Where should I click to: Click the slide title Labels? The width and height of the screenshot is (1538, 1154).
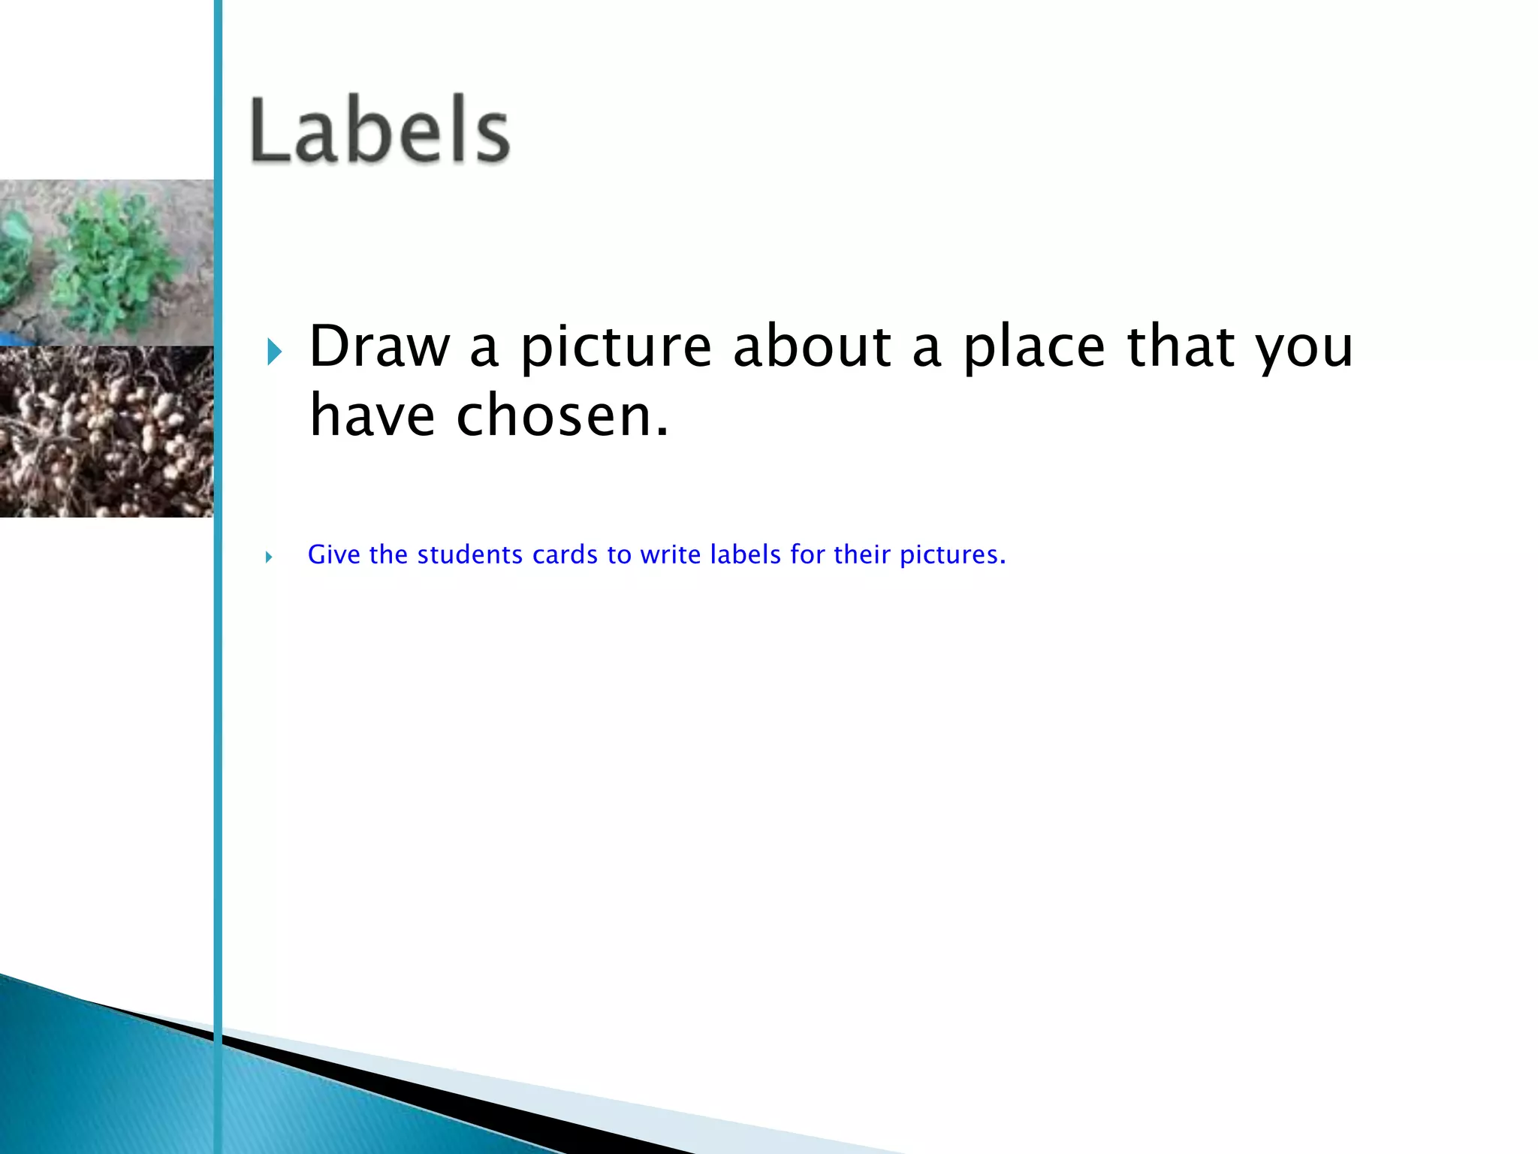(380, 131)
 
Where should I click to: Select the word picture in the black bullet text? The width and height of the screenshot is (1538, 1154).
(616, 348)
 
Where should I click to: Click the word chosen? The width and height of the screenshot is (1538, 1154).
(562, 415)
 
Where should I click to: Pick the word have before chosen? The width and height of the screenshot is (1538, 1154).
(372, 415)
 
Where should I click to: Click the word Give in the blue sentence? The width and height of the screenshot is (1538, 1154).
(334, 554)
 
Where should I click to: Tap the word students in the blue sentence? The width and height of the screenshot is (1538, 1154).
(470, 554)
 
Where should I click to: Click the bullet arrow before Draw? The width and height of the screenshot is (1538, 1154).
(274, 351)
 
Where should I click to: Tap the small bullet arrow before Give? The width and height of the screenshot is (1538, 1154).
(268, 557)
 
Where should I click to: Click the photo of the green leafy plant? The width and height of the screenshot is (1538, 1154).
(106, 262)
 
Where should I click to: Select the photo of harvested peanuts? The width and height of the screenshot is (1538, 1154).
(106, 431)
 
